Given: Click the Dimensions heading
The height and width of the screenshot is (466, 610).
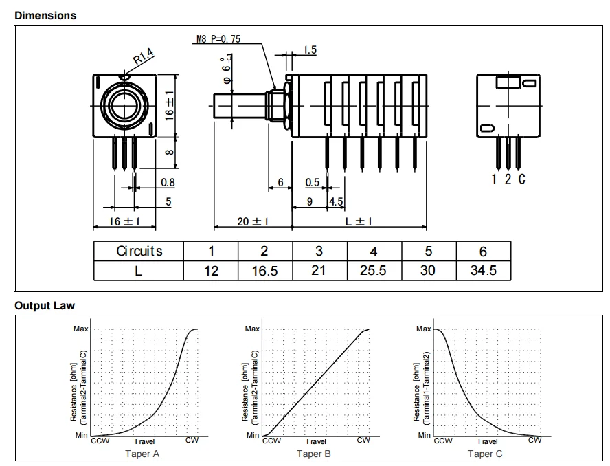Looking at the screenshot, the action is tap(45, 16).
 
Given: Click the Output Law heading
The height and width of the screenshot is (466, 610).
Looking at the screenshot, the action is tap(45, 306).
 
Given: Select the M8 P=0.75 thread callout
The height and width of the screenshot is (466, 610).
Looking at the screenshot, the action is tap(218, 39).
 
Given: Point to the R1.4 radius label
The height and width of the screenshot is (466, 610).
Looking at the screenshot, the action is tap(144, 57).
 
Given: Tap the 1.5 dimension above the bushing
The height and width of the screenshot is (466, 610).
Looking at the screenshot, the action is tap(310, 50).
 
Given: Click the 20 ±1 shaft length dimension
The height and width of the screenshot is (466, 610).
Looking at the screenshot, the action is tap(253, 221).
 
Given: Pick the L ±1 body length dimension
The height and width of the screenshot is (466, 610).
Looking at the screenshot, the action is tap(359, 221).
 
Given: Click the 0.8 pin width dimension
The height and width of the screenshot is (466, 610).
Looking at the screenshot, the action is tap(168, 182).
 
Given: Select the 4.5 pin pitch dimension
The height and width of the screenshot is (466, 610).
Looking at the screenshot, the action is tap(336, 201).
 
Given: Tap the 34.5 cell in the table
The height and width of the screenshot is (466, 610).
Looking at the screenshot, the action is tap(483, 270).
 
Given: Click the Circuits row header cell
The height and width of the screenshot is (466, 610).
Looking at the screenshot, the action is tap(139, 251).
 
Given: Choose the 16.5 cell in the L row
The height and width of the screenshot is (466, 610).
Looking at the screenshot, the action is tap(265, 271).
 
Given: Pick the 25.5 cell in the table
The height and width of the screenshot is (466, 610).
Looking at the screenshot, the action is tap(373, 270).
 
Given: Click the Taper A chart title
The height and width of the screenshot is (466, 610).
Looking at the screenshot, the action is tap(142, 454).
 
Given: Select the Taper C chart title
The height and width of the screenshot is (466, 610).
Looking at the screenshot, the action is tap(485, 454).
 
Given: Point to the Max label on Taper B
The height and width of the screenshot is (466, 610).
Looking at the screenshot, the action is tap(252, 329).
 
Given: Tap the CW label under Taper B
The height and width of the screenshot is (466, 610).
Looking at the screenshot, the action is tap(363, 440).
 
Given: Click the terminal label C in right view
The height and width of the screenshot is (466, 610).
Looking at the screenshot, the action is tap(522, 179).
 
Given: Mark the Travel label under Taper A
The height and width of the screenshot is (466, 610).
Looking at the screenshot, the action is tap(144, 441).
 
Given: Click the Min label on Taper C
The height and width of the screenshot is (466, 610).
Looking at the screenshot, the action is tap(424, 435).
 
